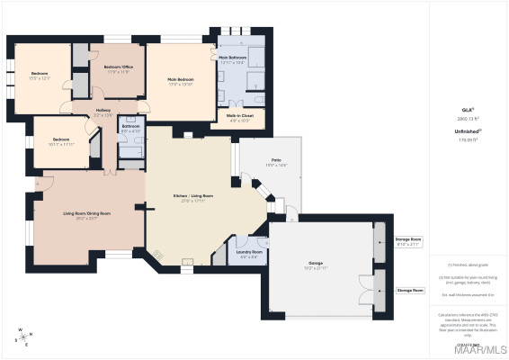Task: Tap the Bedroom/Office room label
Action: coord(117,69)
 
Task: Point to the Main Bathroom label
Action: coord(232,59)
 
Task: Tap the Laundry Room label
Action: coord(249,253)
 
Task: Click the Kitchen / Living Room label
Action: coord(193,197)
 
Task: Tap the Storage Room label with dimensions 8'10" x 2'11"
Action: coord(409,241)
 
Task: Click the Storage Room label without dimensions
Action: coord(410,291)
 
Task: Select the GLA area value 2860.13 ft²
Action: coord(467,118)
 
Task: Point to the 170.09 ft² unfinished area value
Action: coord(467,139)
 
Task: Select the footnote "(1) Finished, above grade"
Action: coord(467,265)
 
